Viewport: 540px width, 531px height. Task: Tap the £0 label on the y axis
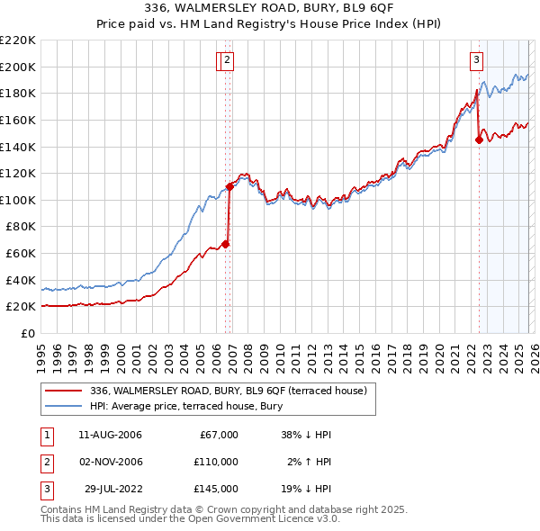click(x=29, y=333)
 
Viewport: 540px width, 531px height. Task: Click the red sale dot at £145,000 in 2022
click(x=479, y=139)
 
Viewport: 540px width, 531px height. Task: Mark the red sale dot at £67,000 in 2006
click(x=226, y=244)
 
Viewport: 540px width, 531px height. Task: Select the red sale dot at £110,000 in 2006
click(x=229, y=186)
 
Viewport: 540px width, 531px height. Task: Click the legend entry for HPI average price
click(x=186, y=406)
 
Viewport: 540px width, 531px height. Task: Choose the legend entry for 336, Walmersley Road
click(x=228, y=391)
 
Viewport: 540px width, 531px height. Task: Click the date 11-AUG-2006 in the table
click(x=111, y=435)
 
